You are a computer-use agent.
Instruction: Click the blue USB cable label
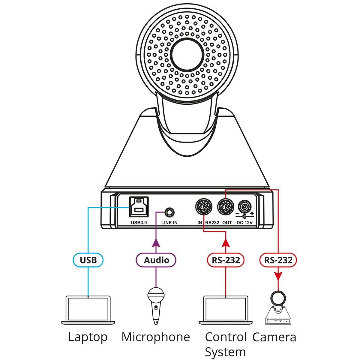(x=88, y=260)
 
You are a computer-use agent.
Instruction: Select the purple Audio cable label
(x=156, y=260)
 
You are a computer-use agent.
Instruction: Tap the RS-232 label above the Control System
(x=226, y=260)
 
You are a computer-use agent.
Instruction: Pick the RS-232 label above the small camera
(x=278, y=260)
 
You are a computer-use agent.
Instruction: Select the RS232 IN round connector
(x=204, y=207)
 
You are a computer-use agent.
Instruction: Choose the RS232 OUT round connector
(x=226, y=207)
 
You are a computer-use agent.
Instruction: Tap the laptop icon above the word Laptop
(x=88, y=310)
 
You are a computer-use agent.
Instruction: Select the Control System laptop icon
(x=226, y=310)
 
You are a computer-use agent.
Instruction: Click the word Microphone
(x=156, y=337)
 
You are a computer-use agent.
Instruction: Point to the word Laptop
(x=88, y=337)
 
